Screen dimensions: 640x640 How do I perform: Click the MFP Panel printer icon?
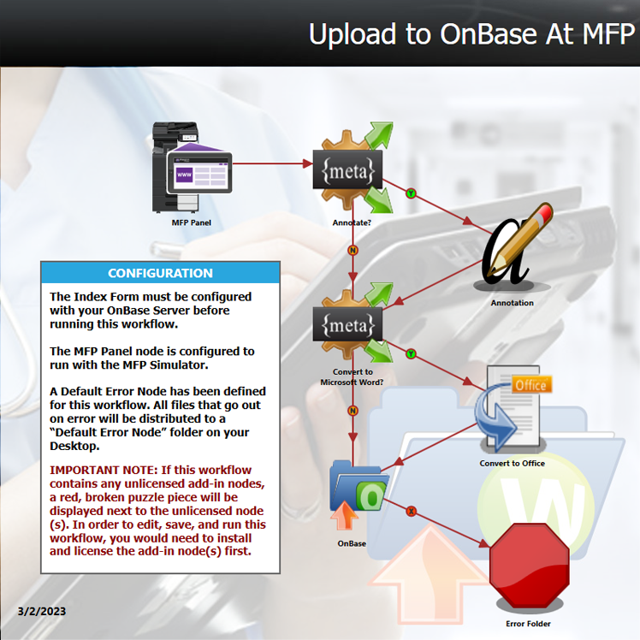click(192, 168)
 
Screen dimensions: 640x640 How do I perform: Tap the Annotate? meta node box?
click(347, 169)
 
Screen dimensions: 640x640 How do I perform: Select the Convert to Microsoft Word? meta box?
click(347, 324)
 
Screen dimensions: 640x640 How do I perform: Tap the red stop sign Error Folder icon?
click(529, 565)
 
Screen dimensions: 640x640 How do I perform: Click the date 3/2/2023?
click(42, 611)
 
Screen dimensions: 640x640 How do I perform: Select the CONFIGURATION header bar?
click(160, 273)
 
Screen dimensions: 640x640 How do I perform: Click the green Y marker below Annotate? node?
click(411, 193)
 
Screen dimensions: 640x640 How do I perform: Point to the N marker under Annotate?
click(353, 250)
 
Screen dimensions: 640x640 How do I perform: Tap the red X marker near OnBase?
click(411, 511)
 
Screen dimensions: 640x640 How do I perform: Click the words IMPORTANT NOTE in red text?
click(104, 470)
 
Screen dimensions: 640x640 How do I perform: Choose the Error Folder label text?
click(528, 624)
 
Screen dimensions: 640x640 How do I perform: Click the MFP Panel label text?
click(192, 222)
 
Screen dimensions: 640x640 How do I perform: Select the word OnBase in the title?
click(489, 34)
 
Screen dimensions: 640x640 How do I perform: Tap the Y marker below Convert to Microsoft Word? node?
click(411, 353)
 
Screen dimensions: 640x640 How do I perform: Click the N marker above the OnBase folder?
click(353, 410)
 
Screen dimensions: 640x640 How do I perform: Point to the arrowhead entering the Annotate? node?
click(308, 163)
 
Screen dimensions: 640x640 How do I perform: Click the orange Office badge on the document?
click(531, 385)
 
